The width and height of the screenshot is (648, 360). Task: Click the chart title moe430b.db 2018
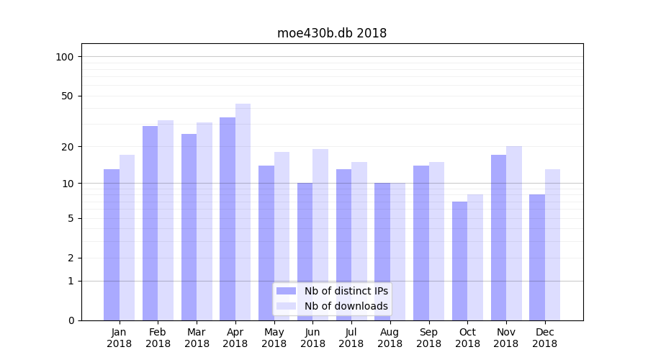pyautogui.click(x=332, y=33)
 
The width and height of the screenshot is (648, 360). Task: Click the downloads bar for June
pyautogui.click(x=320, y=234)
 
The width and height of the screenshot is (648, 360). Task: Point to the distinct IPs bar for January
pyautogui.click(x=112, y=245)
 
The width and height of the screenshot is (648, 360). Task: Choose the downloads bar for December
pyautogui.click(x=553, y=245)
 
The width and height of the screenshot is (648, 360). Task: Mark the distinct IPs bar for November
pyautogui.click(x=498, y=238)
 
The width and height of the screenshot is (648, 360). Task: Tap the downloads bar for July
pyautogui.click(x=359, y=241)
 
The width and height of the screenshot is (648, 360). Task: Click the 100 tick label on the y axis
pyautogui.click(x=65, y=57)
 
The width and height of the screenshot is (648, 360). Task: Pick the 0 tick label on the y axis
pyautogui.click(x=71, y=320)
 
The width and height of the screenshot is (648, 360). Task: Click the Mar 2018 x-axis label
pyautogui.click(x=197, y=338)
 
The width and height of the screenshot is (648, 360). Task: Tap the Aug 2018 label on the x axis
pyautogui.click(x=390, y=338)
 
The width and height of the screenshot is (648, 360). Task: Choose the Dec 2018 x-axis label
pyautogui.click(x=545, y=338)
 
